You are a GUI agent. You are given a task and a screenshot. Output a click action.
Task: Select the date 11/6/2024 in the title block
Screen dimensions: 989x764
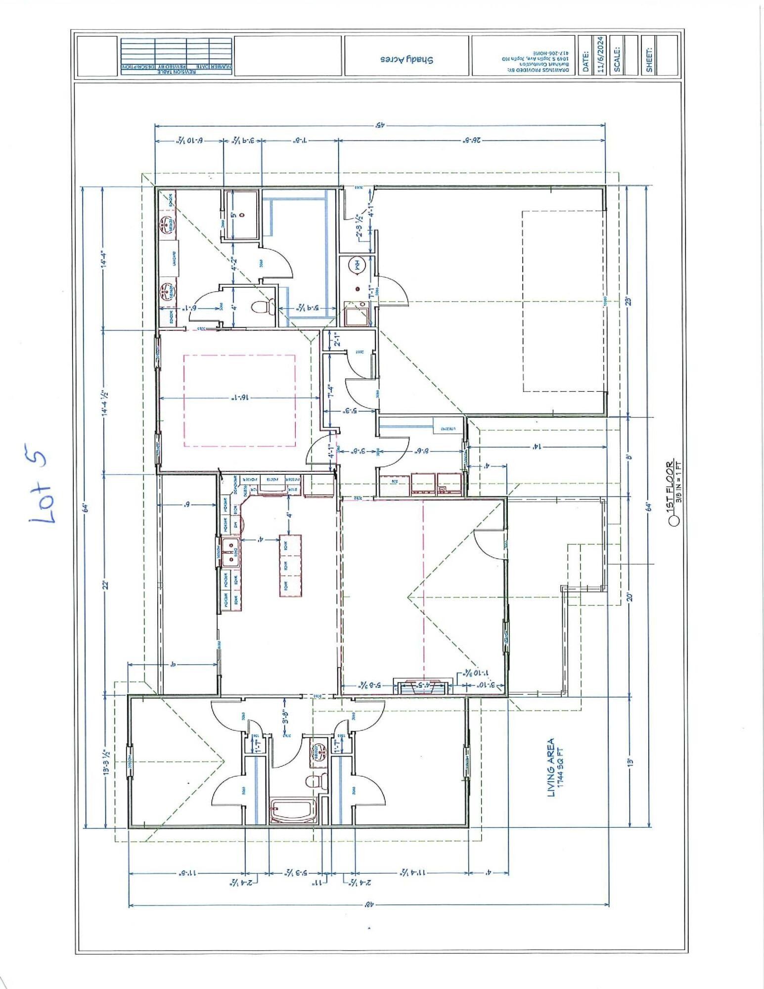[601, 55]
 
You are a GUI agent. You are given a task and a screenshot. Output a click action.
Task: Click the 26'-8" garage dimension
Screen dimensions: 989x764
[472, 141]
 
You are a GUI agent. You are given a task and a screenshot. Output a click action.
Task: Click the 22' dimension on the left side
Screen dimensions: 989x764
[105, 585]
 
